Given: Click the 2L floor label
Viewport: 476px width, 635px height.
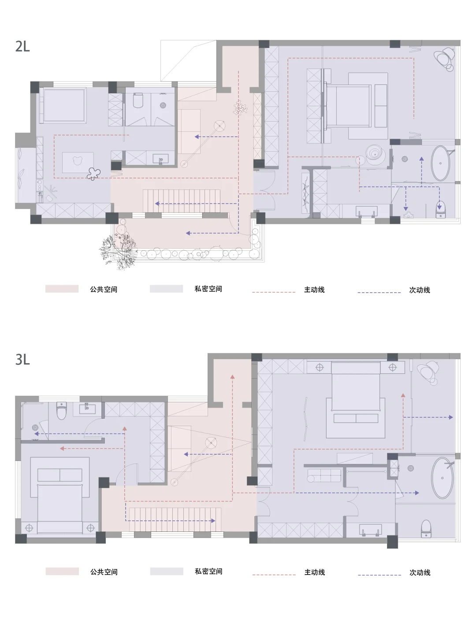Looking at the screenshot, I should click(22, 46).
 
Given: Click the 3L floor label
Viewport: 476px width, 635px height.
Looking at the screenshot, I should click(22, 360).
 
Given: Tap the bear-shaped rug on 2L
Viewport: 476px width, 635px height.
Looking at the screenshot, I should click(78, 162).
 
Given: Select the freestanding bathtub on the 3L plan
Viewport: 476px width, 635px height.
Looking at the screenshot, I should click(442, 478).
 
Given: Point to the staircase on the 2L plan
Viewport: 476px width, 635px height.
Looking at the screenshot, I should click(181, 201).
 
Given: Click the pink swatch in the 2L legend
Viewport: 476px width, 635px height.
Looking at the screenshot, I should click(62, 289).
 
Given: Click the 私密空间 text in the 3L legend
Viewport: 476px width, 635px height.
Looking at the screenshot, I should click(208, 572).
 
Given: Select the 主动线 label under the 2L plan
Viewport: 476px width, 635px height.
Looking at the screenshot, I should click(314, 290).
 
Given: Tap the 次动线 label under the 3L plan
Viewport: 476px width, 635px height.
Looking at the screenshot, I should click(420, 572).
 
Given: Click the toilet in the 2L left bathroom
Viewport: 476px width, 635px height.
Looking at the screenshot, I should click(138, 100).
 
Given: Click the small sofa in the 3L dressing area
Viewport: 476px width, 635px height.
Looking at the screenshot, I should click(324, 475).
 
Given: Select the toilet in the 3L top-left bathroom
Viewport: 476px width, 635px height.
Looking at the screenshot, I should click(61, 411).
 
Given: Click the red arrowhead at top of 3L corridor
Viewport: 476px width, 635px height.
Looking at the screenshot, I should click(232, 377).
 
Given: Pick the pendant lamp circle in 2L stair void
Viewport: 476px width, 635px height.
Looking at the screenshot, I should click(219, 126).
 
